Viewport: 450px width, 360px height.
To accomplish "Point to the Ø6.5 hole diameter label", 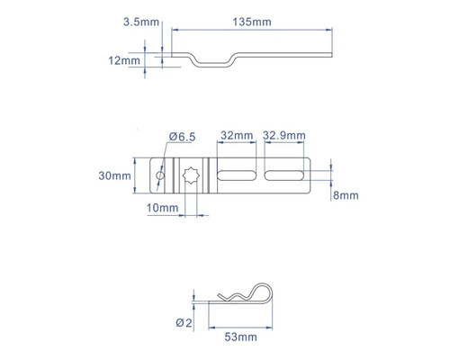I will (x=184, y=136).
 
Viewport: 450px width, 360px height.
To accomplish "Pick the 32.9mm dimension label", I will (x=283, y=136).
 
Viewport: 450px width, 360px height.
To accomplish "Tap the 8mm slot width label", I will (x=346, y=194).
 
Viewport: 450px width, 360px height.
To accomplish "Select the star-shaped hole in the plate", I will (x=191, y=175).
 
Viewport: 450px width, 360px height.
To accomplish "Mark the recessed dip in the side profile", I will (x=212, y=62).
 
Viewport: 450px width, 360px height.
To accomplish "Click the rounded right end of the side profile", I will (x=334, y=54).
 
